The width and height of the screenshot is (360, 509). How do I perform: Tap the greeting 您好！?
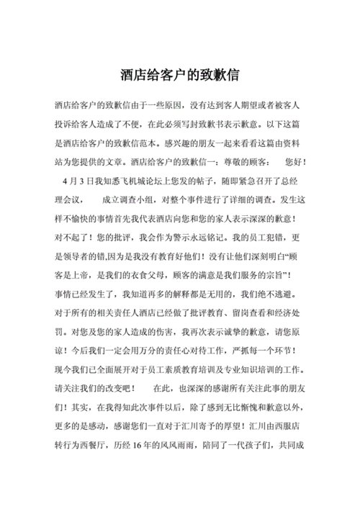pos(295,161)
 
